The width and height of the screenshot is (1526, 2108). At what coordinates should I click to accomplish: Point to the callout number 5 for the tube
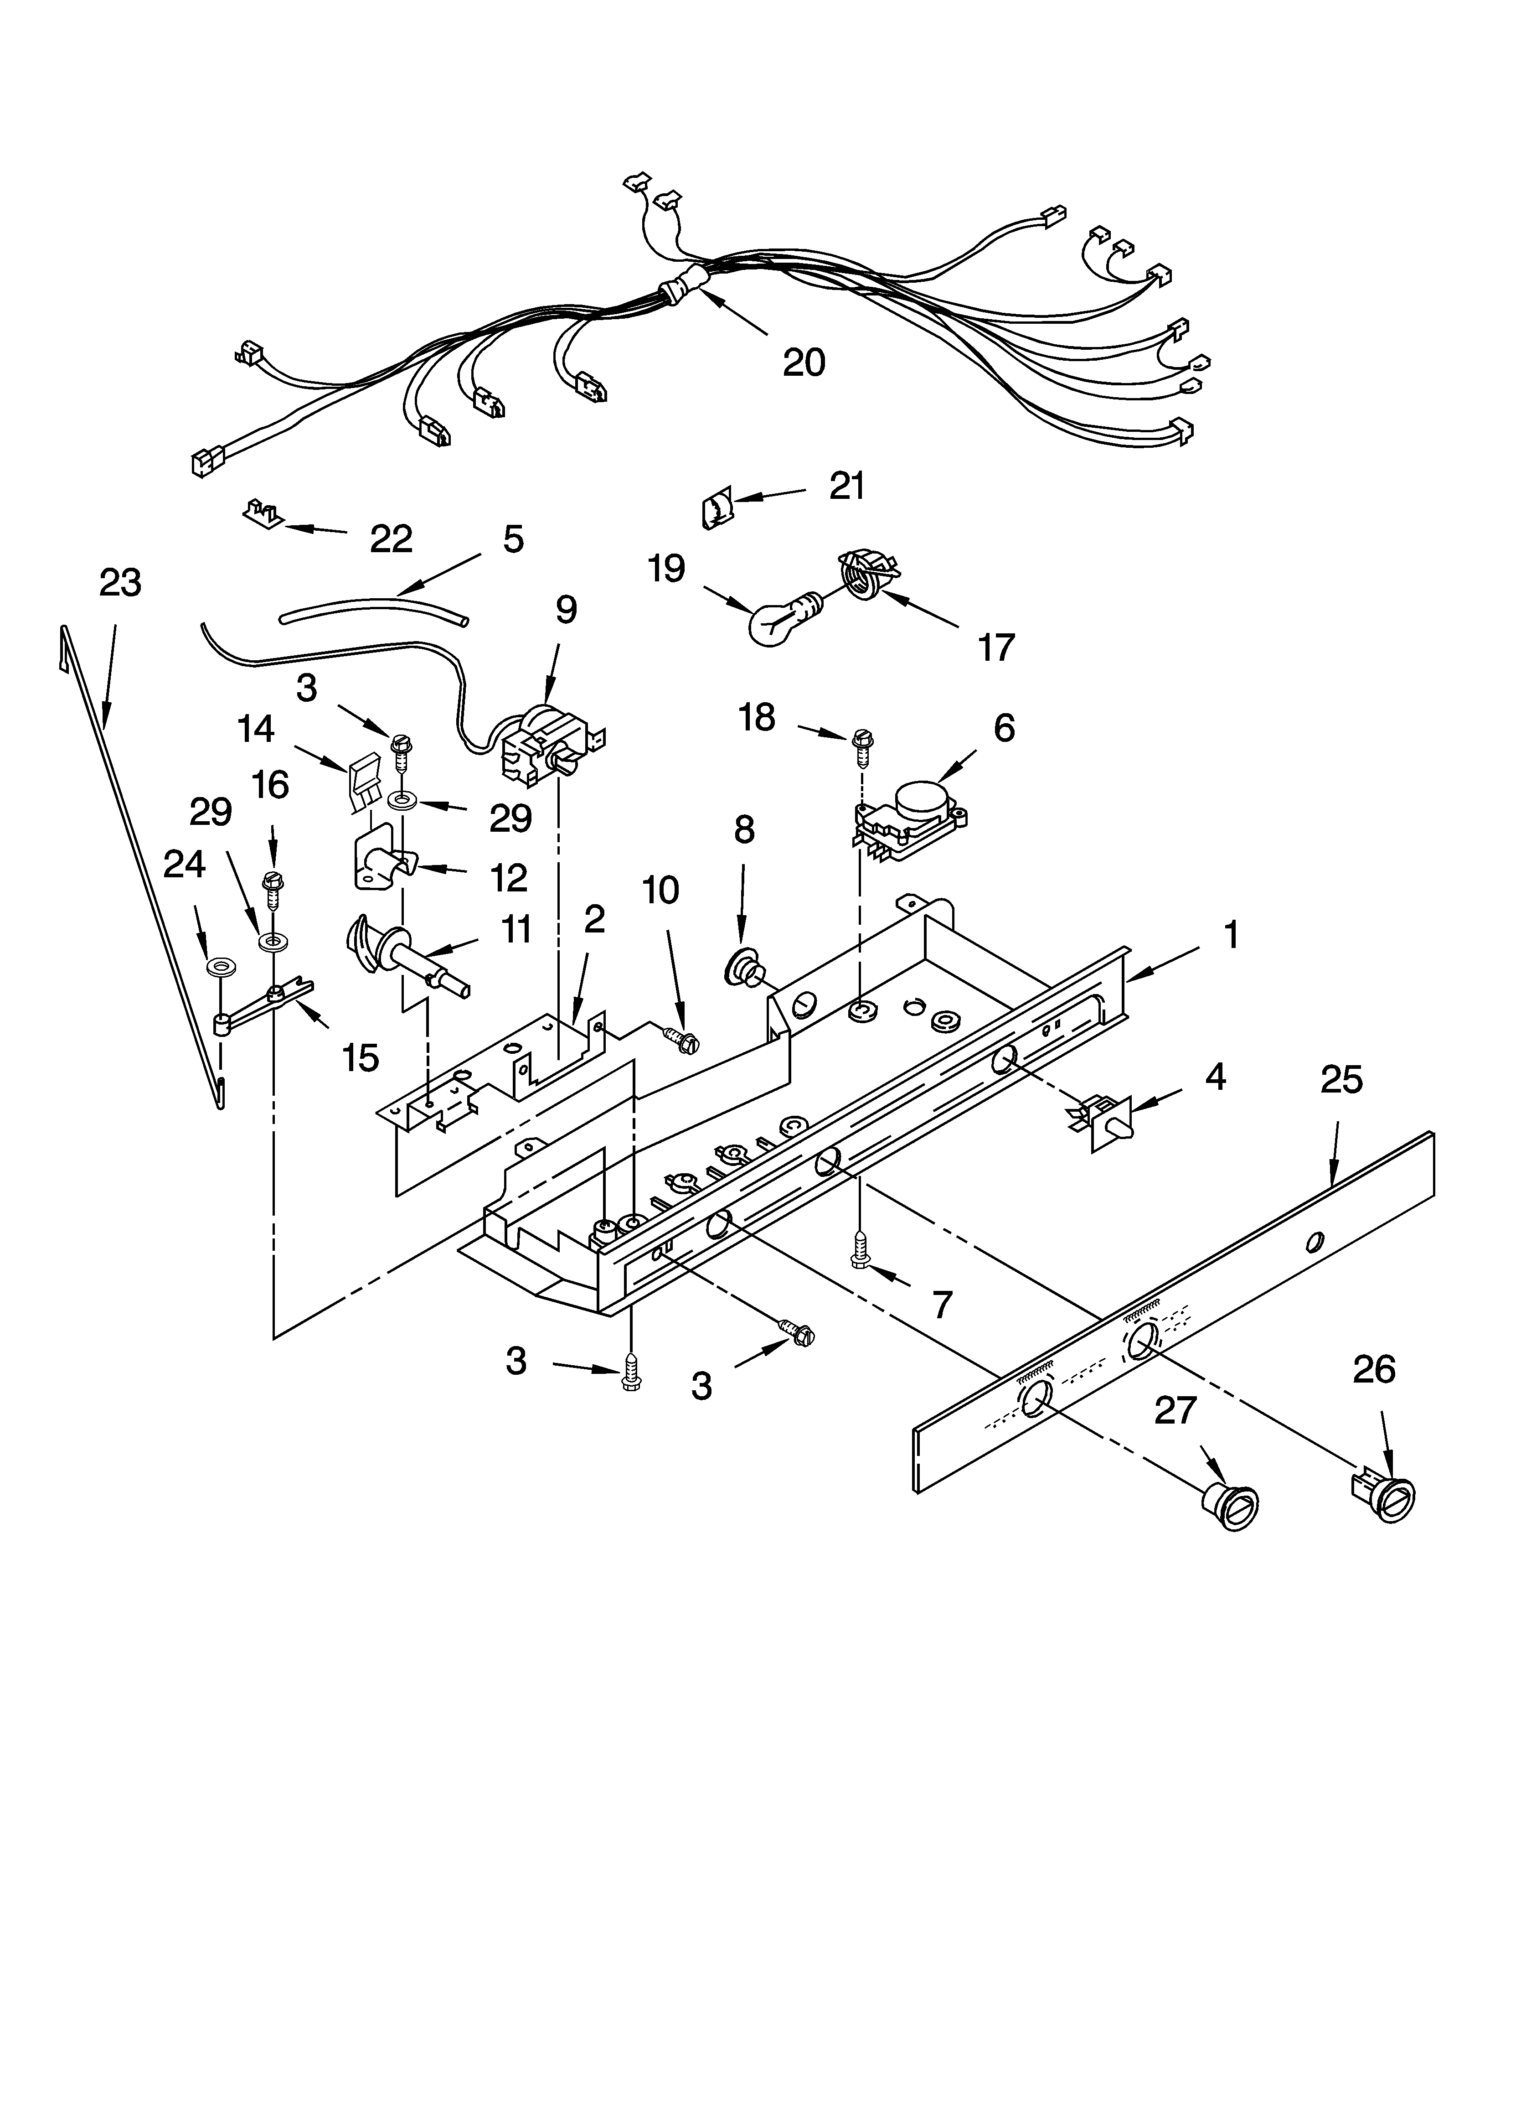pyautogui.click(x=513, y=539)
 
